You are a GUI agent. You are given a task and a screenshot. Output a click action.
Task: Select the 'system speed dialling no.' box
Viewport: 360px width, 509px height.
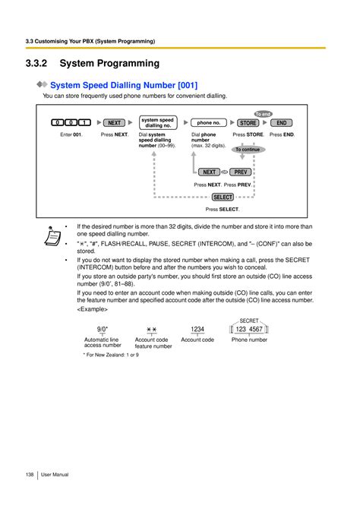pos(157,122)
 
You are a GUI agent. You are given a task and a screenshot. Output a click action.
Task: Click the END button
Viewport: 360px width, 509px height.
pos(281,122)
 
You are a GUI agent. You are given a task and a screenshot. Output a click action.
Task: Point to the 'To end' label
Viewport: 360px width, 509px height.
pos(263,113)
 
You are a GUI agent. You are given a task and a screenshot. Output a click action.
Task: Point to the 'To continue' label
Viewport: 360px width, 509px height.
pos(247,150)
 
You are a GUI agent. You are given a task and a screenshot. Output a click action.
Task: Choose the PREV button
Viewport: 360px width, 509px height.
pos(241,172)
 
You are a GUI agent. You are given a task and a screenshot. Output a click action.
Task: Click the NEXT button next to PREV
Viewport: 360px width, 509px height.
pos(210,172)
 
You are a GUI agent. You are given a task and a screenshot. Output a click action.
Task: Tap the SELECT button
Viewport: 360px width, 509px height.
pos(223,197)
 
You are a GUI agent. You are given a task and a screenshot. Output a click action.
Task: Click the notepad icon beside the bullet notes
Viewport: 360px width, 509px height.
pos(52,238)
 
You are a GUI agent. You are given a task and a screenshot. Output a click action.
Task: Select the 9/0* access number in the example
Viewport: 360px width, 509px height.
pos(102,329)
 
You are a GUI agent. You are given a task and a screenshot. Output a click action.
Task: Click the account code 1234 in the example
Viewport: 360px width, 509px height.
pos(197,329)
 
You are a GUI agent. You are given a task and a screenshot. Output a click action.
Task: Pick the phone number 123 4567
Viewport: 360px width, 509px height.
pos(249,329)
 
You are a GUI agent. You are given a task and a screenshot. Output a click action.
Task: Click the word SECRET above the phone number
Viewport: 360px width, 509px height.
pos(249,321)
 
